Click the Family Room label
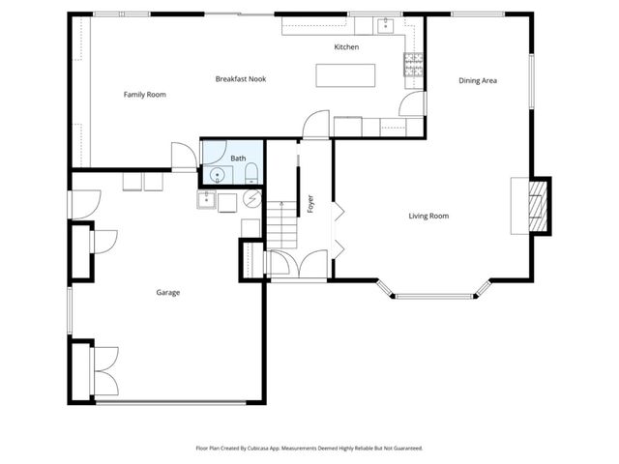coord(145,95)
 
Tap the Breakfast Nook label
coord(241,78)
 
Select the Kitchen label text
coord(346,47)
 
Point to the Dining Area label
coord(477,81)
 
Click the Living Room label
coord(428,216)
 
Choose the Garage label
coord(168,292)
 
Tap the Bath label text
coord(238,158)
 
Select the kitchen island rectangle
coord(345,75)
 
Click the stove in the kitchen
coord(413,66)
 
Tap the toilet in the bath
coord(251,174)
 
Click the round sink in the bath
coord(219,175)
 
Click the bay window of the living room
coord(433,293)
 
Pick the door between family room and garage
coord(182,158)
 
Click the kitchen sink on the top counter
coord(384,23)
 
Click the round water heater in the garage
coord(252,199)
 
